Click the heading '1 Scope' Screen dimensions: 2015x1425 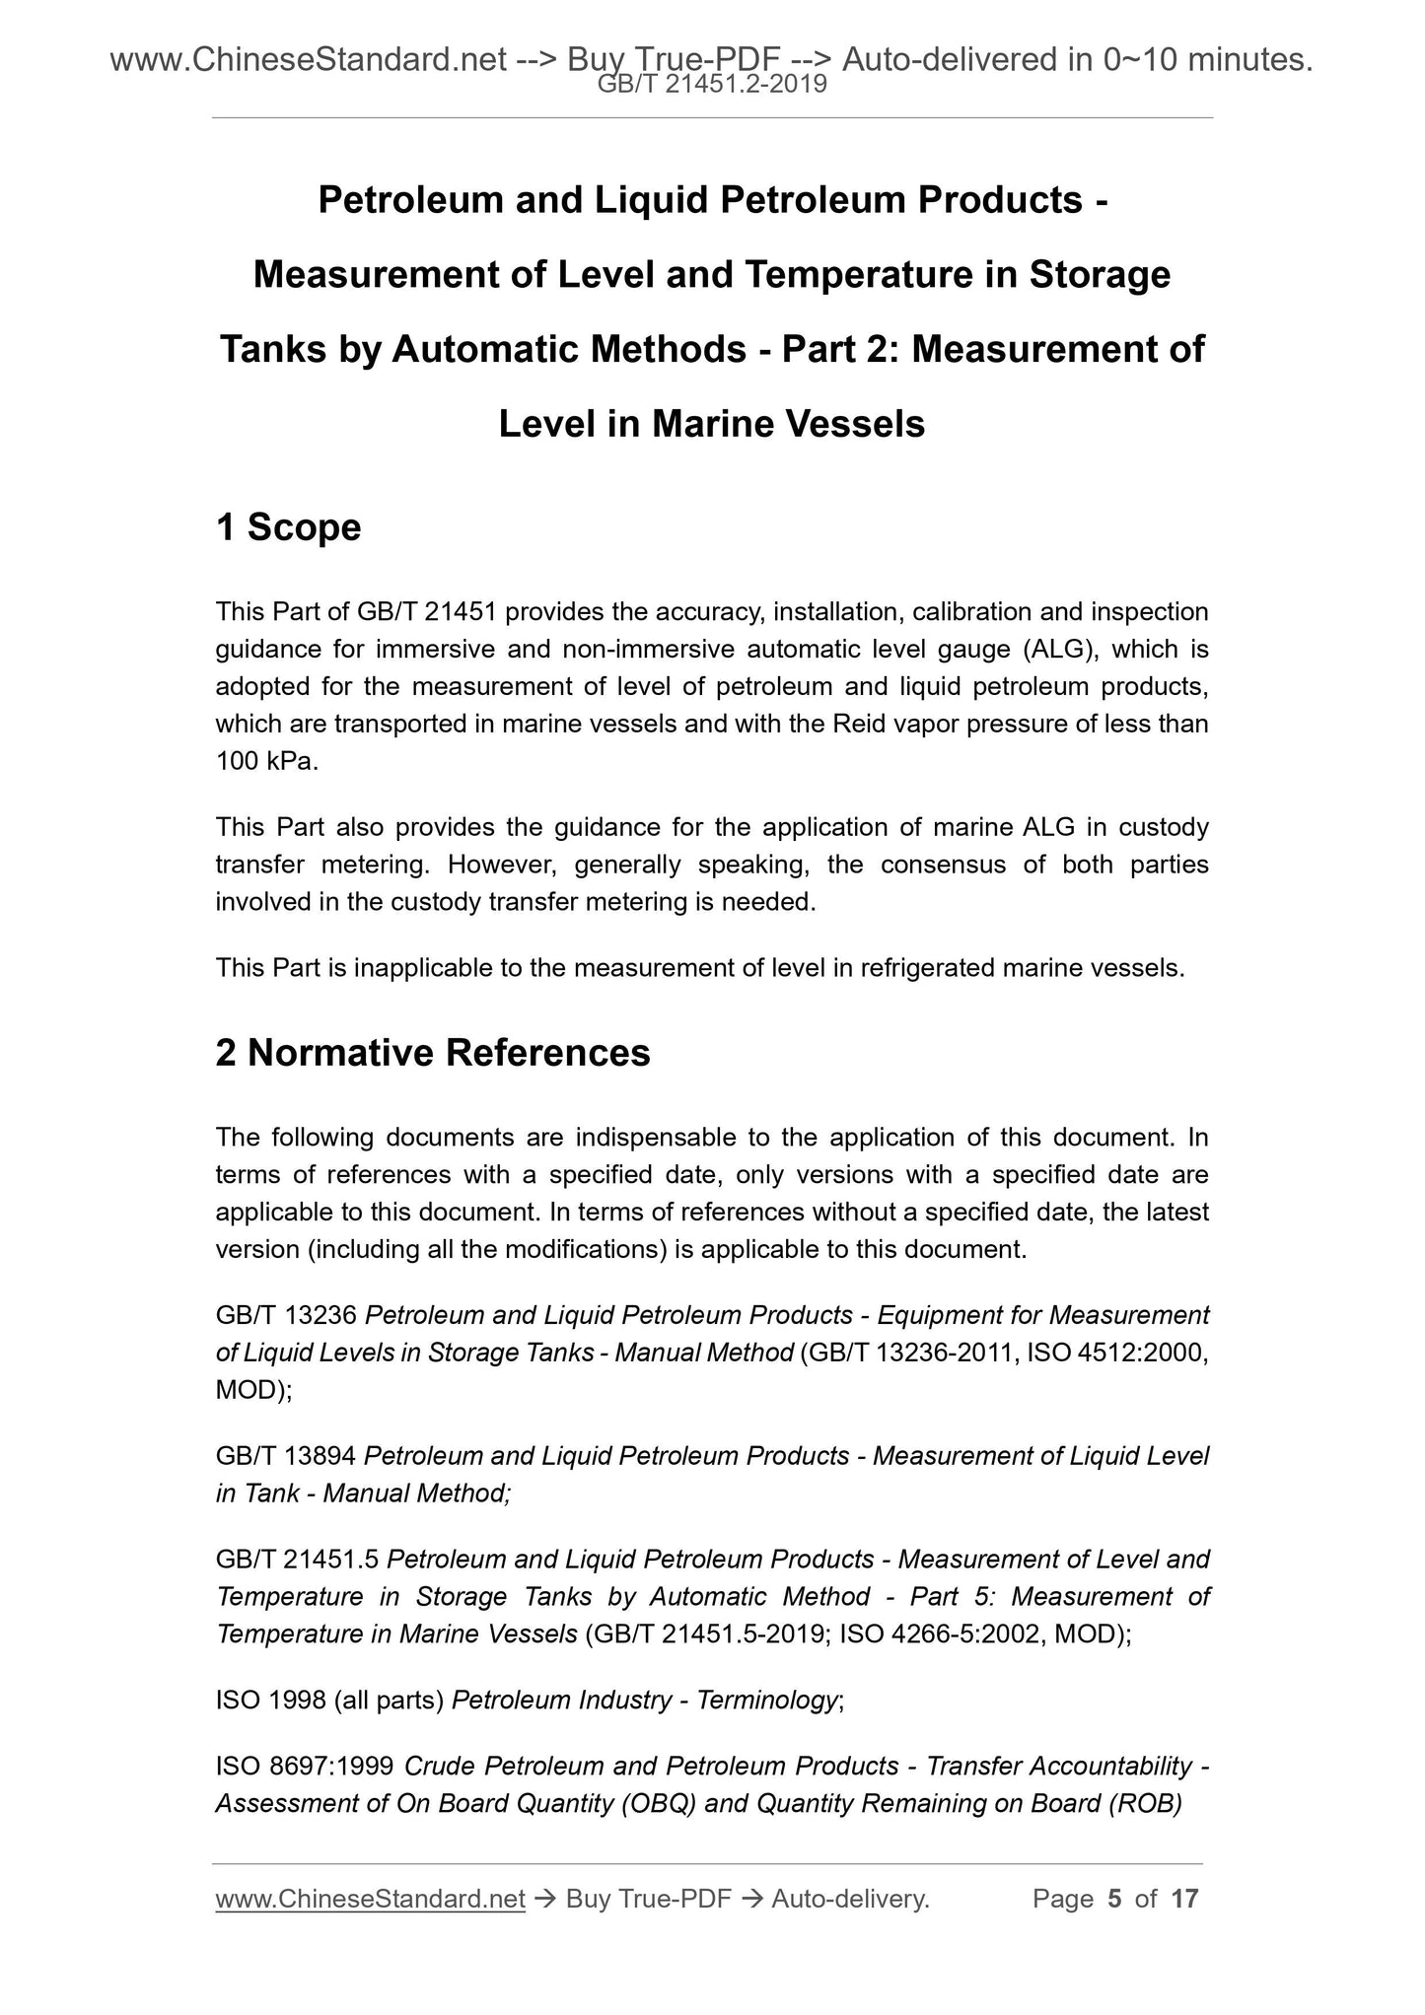click(x=288, y=528)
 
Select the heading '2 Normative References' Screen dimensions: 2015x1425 click(x=433, y=1054)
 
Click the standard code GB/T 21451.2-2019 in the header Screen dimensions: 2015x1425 click(x=712, y=85)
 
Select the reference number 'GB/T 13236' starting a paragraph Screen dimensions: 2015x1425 click(x=286, y=1315)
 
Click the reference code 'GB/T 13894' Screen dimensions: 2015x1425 click(x=286, y=1456)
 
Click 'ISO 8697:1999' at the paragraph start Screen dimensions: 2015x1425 click(x=306, y=1766)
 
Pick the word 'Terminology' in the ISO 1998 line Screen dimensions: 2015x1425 click(x=767, y=1701)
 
